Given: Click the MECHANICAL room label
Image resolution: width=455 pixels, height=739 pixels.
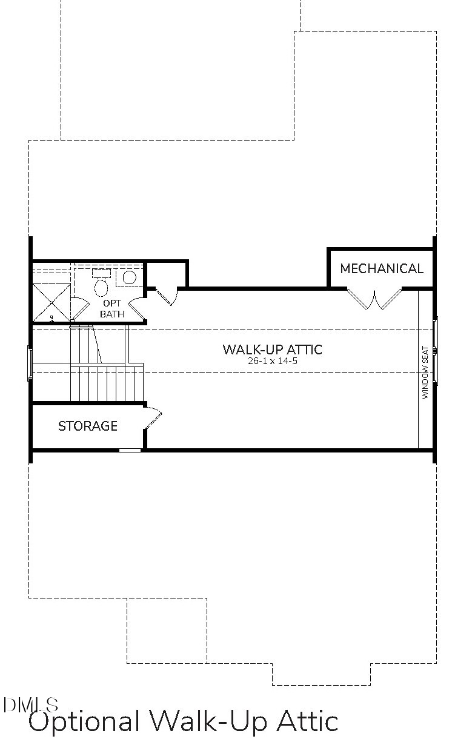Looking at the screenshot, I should pos(382,268).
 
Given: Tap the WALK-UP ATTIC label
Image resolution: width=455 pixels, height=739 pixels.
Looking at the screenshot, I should pos(272,350).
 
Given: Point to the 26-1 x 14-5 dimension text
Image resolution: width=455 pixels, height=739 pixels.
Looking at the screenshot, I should pos(272,360).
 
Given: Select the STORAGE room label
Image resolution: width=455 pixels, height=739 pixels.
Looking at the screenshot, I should pos(88,426).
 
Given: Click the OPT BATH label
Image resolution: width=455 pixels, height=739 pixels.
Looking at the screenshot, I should pos(112,308).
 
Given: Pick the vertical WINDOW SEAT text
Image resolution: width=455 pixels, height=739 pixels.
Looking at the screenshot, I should pos(425,372).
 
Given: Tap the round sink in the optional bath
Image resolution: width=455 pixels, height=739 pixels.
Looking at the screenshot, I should pos(130,277).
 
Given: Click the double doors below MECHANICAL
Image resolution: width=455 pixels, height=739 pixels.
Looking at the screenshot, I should pos(374,299).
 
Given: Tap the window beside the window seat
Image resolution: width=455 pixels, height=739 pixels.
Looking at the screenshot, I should pos(435,350).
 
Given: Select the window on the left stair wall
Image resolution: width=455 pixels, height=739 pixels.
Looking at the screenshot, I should pos(29,363).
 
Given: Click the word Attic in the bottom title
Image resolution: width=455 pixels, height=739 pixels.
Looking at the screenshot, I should pos(307,721).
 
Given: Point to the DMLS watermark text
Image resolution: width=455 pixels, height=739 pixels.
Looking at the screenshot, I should pos(30,704).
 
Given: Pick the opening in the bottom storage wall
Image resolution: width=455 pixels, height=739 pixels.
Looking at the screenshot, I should pos(130,450).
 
